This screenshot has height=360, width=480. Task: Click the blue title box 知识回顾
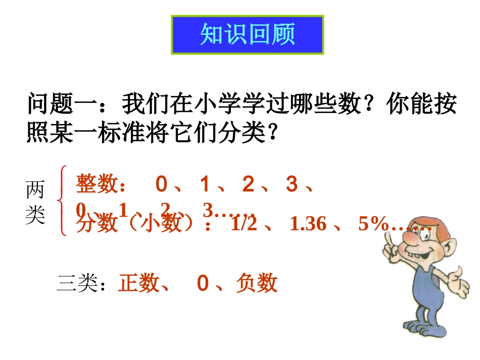coord(248,35)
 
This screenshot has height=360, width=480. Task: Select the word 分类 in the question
coord(243,133)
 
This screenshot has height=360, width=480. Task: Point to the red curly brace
coord(63,201)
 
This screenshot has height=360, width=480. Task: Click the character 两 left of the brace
coord(35,191)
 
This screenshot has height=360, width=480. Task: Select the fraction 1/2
coord(243,224)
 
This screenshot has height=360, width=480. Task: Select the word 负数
coord(257,283)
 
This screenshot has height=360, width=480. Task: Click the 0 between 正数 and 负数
coord(203,284)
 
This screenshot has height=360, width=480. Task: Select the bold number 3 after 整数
coord(292,185)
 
